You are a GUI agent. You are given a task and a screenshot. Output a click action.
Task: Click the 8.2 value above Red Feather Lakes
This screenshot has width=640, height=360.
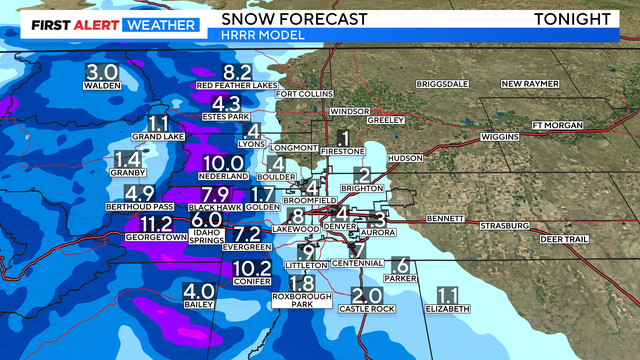tap(236, 71)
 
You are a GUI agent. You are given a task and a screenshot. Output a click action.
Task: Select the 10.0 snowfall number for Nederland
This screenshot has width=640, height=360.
tap(221, 163)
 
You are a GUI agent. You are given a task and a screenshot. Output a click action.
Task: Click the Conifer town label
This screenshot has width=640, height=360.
tap(251, 281)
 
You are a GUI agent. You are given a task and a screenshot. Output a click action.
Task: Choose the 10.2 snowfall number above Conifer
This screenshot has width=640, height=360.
tap(251, 267)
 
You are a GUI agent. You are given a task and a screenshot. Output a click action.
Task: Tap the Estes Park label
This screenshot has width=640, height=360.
tap(226, 116)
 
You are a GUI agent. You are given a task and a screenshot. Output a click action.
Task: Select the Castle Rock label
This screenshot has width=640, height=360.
tap(367, 309)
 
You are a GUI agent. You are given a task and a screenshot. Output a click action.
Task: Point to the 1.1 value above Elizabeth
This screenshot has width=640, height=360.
tap(447, 295)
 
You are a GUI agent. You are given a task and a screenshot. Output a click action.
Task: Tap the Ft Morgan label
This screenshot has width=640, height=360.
tap(555, 125)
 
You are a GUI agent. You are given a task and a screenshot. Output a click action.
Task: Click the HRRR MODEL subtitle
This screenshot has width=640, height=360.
tap(247, 35)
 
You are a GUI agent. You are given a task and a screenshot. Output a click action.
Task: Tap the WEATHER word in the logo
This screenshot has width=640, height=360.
tap(160, 22)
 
